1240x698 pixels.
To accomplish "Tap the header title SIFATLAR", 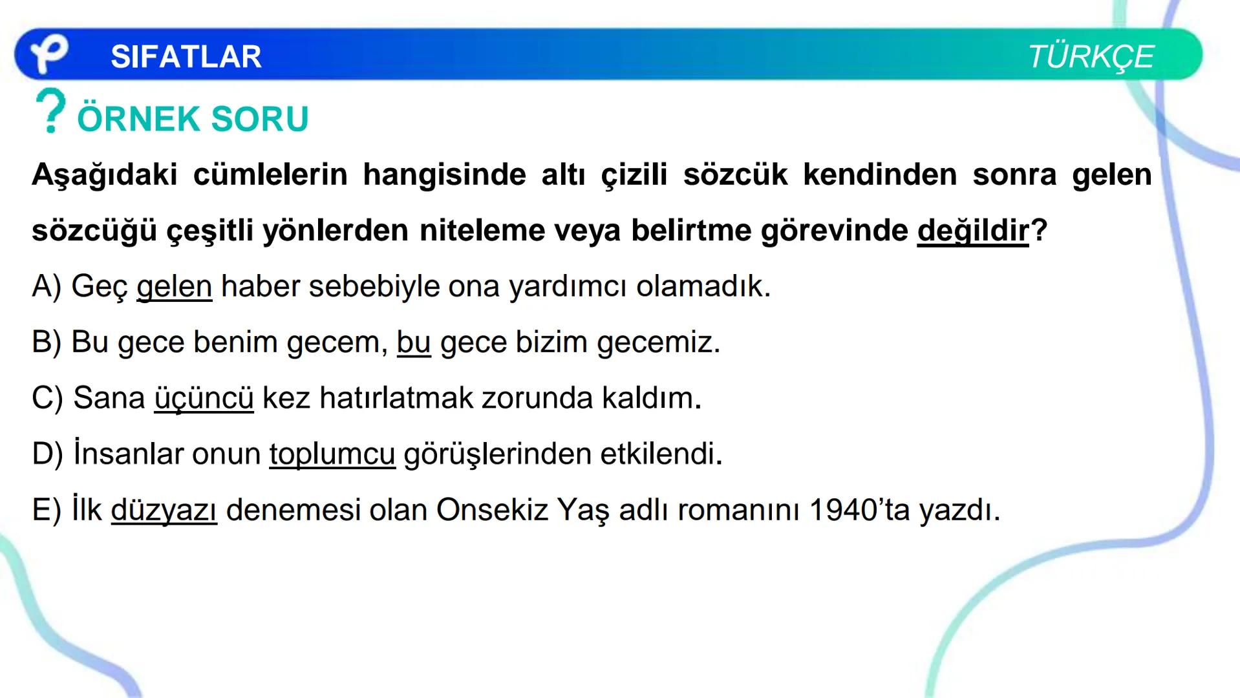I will click(x=186, y=57).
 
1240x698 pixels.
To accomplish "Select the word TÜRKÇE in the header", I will click(x=1090, y=57).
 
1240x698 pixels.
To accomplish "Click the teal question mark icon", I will click(x=51, y=111).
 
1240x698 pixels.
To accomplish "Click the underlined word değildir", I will click(x=973, y=231).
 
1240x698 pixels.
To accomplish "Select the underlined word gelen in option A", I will click(x=174, y=286).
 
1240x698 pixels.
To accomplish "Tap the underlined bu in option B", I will click(x=413, y=343).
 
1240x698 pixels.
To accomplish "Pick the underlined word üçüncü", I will click(x=204, y=398).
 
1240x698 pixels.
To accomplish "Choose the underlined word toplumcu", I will click(x=332, y=454).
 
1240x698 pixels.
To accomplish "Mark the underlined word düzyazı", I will click(x=164, y=511).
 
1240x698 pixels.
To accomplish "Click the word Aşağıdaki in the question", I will click(x=104, y=175).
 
